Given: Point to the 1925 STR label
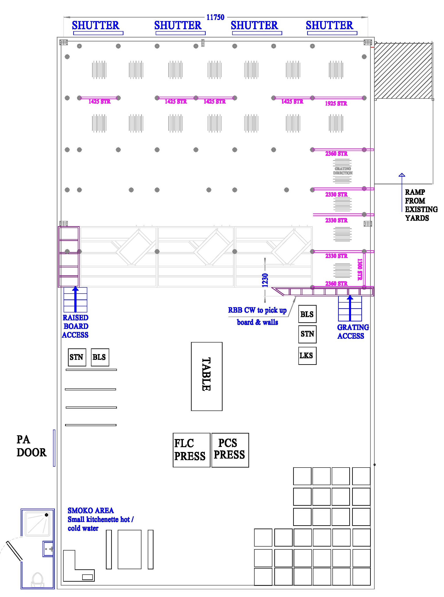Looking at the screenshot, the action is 336,104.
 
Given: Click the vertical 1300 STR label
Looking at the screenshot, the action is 360,269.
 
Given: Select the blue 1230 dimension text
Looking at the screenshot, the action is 265,280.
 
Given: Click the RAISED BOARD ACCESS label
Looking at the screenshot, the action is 75,326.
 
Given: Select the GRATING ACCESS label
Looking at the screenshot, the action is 353,332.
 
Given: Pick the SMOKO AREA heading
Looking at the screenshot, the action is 91,510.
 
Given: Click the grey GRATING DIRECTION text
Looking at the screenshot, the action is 343,171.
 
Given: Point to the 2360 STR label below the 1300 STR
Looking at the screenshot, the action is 336,283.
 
